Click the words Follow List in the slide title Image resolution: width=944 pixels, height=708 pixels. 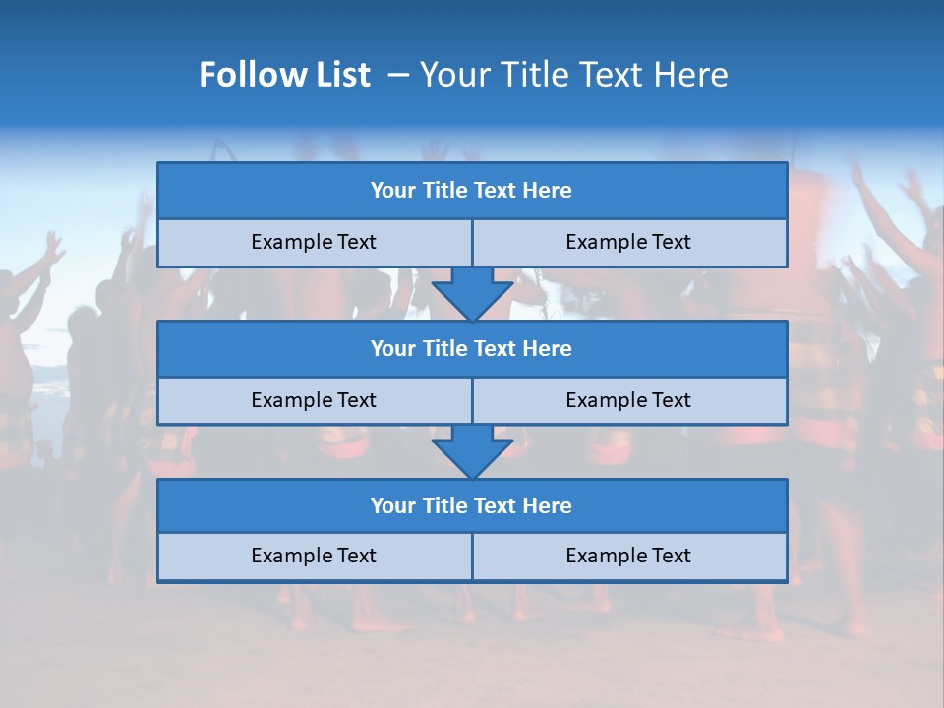[x=284, y=75]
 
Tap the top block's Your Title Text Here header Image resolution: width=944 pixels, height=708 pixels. [x=471, y=191]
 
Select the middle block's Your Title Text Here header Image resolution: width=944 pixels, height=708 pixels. [x=471, y=348]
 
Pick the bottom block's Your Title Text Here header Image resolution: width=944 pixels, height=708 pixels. [x=471, y=505]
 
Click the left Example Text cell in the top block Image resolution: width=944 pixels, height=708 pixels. [x=314, y=242]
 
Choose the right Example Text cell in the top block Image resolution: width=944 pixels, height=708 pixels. [x=628, y=242]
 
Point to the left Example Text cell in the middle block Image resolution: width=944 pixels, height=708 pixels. [x=314, y=400]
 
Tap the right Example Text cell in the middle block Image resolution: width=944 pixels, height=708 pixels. [x=628, y=400]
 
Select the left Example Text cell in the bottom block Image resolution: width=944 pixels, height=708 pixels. [x=314, y=556]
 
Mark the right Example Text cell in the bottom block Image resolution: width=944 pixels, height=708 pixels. [x=628, y=556]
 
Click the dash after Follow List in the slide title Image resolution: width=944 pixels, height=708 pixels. [x=398, y=75]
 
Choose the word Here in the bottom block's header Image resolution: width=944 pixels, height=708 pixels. [x=548, y=505]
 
